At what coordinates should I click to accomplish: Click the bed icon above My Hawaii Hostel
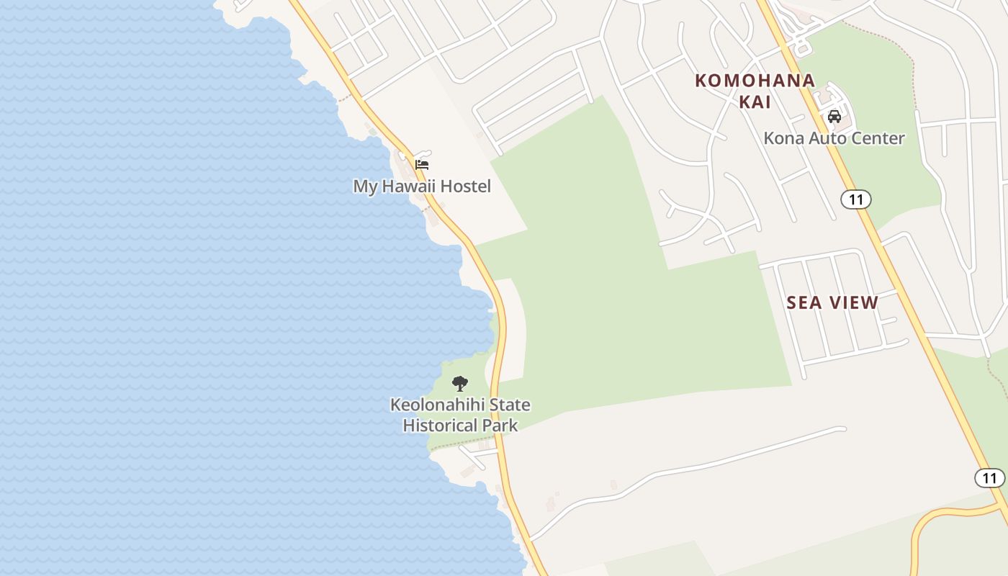click(422, 164)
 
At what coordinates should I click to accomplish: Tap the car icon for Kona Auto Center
click(834, 117)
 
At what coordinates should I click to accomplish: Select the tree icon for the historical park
click(459, 383)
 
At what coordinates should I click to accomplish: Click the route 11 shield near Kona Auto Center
click(855, 199)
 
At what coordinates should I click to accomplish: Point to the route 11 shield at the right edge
click(990, 477)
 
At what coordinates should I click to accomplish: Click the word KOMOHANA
click(755, 81)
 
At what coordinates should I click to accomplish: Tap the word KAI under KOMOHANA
click(755, 102)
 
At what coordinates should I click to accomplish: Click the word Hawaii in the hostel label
click(408, 186)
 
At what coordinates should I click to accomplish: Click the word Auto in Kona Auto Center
click(827, 138)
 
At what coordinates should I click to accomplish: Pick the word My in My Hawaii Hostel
click(365, 186)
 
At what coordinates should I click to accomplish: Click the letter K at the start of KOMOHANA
click(701, 81)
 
